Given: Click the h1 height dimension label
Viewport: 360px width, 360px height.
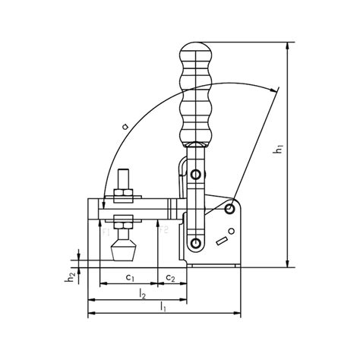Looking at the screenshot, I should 279,152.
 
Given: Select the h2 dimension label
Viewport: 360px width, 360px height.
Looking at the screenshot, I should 70,278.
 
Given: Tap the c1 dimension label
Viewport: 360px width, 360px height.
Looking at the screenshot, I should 130,278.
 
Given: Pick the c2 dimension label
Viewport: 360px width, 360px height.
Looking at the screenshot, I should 171,278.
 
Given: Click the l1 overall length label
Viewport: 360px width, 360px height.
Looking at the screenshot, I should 164,308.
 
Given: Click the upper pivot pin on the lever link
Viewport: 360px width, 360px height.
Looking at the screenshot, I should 197,175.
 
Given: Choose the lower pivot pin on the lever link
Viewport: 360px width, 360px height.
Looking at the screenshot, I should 197,243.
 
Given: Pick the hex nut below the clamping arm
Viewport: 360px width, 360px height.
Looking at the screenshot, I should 122,222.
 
